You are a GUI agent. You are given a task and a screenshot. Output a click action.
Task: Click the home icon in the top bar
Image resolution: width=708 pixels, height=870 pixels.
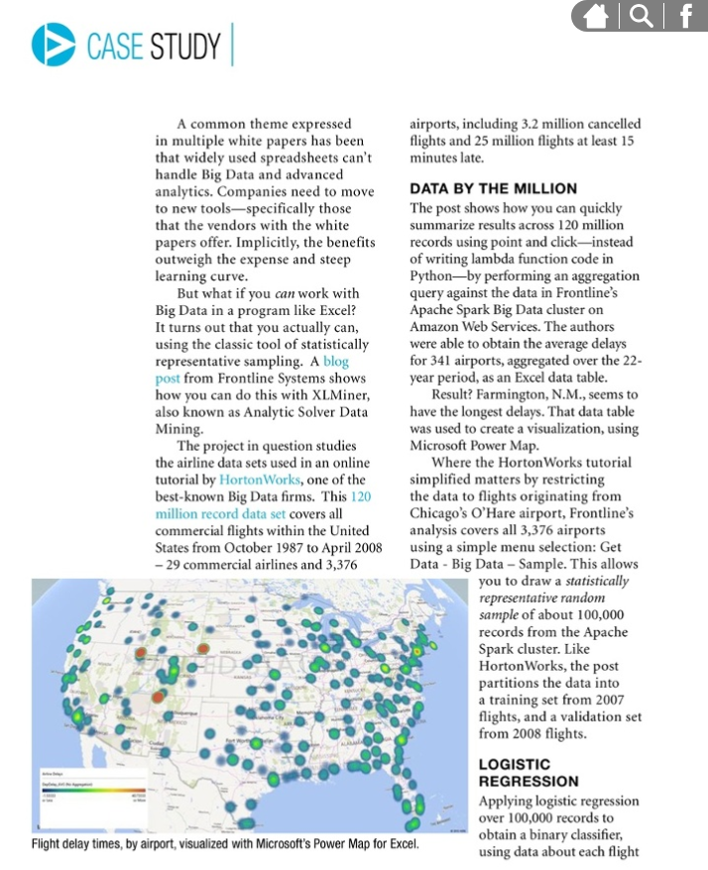coord(597,16)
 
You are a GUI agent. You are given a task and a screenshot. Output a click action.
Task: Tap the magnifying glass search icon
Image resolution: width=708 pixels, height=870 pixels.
coord(642,16)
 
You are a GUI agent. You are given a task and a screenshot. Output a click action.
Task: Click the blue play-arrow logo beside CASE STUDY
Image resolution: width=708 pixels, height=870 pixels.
coord(53,44)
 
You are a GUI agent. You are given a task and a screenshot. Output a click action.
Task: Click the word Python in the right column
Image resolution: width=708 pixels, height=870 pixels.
coord(430,274)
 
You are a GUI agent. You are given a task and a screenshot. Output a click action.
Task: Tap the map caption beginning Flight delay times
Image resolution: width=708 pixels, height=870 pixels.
coord(224,845)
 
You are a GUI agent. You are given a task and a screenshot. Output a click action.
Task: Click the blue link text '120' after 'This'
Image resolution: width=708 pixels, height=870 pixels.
coord(361,496)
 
